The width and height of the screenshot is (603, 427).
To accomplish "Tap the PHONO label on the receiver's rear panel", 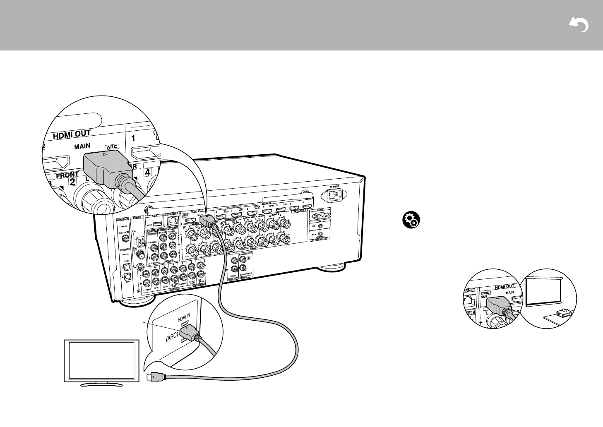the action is pyautogui.click(x=145, y=290).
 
